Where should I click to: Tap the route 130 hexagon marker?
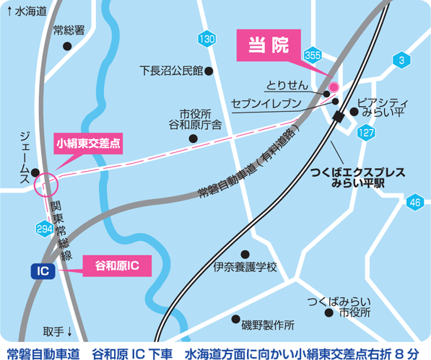[x=207, y=39]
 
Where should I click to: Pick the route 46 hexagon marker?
[x=414, y=203]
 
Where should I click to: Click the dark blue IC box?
[x=43, y=271]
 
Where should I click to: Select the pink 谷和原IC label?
[x=117, y=265]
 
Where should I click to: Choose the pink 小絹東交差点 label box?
[x=88, y=143]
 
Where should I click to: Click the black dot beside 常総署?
[x=67, y=46]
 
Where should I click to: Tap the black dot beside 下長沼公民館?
[x=209, y=71]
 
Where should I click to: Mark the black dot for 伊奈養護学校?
[x=245, y=254]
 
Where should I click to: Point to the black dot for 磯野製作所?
[x=235, y=318]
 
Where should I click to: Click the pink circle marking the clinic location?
[x=334, y=86]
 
